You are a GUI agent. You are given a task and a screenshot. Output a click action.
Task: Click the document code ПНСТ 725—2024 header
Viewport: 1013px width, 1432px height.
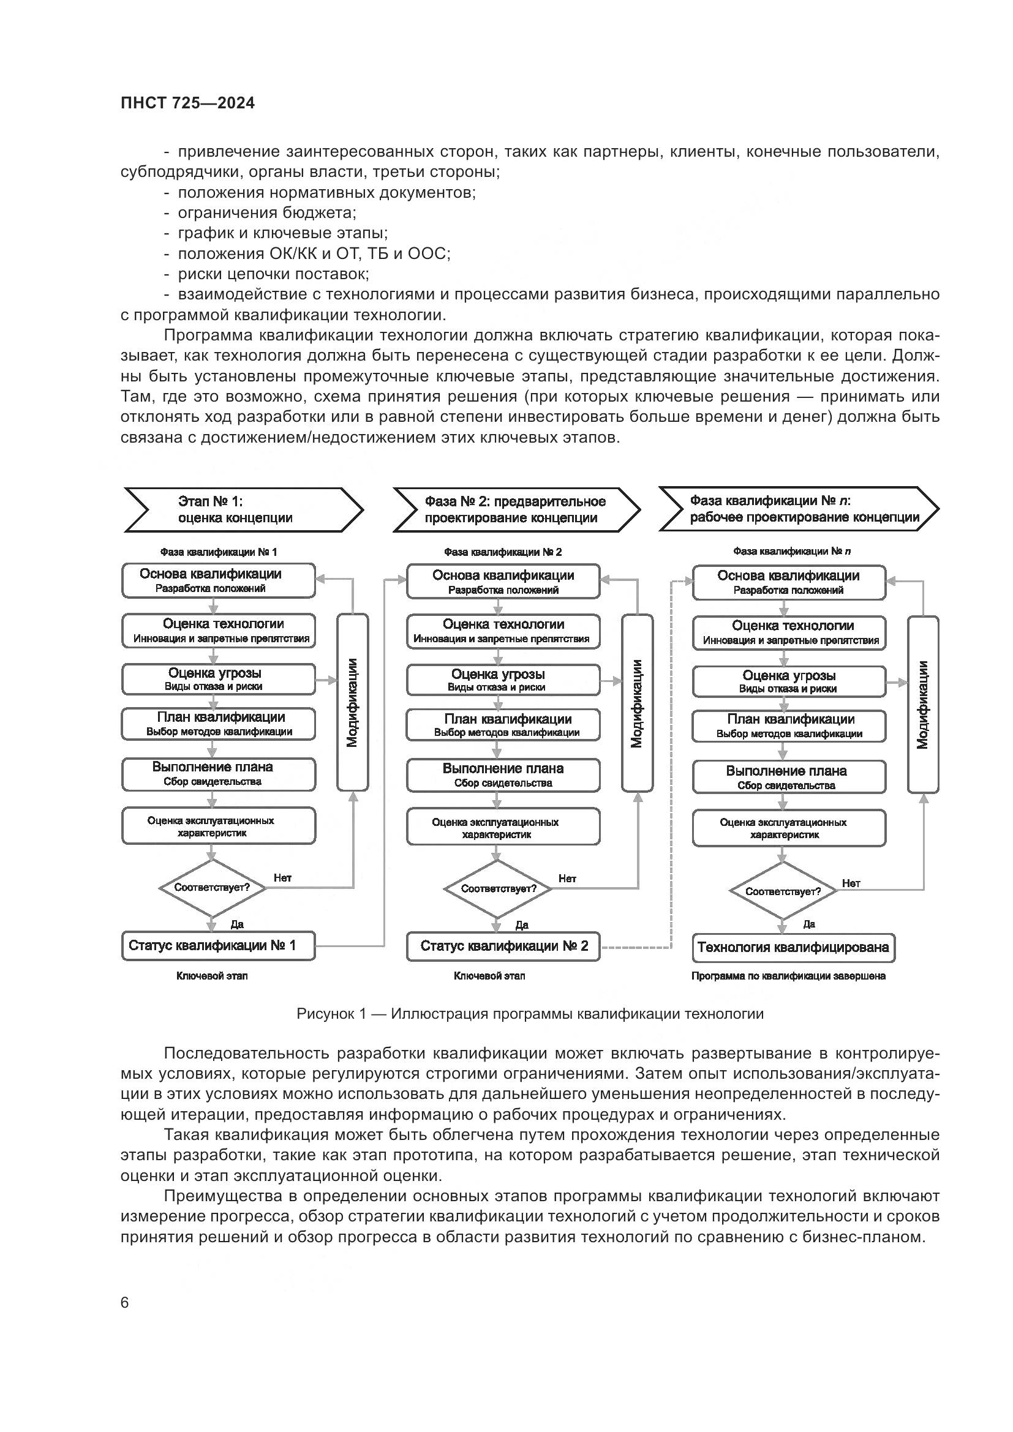pyautogui.click(x=187, y=103)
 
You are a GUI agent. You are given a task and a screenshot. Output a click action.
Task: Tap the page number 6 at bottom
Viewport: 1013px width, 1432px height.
pyautogui.click(x=125, y=1303)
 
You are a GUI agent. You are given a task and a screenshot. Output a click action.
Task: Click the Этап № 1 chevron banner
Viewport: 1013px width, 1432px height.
pyautogui.click(x=243, y=509)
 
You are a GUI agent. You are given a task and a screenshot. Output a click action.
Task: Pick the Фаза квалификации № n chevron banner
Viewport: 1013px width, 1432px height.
pyautogui.click(x=799, y=509)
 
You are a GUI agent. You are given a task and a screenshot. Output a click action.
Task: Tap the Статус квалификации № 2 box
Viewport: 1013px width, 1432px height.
pyautogui.click(x=503, y=946)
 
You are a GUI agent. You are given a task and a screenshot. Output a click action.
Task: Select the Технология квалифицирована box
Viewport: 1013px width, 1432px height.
pyautogui.click(x=793, y=948)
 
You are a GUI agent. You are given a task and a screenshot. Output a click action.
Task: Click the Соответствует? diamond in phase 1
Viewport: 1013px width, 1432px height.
pyautogui.click(x=212, y=888)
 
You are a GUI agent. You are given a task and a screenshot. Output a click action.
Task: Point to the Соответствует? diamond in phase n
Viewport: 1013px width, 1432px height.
pyautogui.click(x=783, y=891)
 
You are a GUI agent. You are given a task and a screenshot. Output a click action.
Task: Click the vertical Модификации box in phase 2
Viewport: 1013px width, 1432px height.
pyautogui.click(x=637, y=703)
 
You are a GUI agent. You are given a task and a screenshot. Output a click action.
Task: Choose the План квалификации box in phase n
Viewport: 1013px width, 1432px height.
pyautogui.click(x=788, y=726)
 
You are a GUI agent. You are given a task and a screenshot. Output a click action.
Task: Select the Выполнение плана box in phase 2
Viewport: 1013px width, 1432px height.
pyautogui.click(x=503, y=774)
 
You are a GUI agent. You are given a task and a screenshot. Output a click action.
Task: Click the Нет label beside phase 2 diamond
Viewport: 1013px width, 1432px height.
pyautogui.click(x=567, y=879)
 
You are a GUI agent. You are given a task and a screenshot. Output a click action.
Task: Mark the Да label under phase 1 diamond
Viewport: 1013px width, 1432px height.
pyautogui.click(x=237, y=924)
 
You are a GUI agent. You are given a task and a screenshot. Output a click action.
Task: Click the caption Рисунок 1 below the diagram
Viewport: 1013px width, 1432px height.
pyautogui.click(x=530, y=1013)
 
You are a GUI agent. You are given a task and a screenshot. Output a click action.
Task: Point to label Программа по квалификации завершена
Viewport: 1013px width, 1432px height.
pyautogui.click(x=788, y=976)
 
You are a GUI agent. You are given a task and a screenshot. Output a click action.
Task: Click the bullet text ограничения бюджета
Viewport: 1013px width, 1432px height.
pyautogui.click(x=266, y=212)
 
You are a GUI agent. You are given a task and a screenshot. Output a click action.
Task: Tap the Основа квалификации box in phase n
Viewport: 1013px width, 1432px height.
pyautogui.click(x=788, y=582)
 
